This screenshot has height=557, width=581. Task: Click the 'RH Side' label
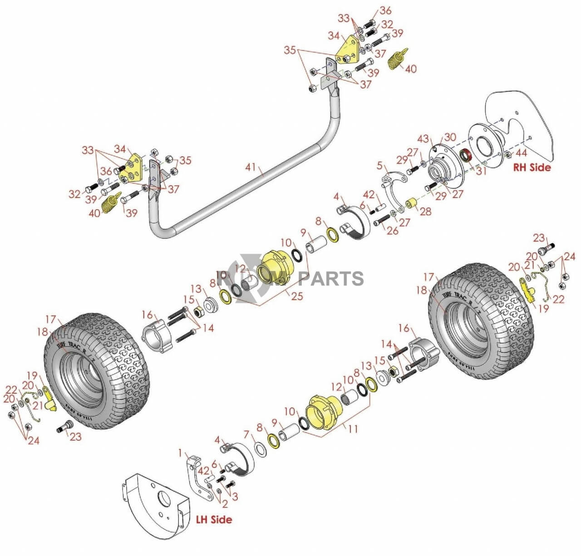(532, 167)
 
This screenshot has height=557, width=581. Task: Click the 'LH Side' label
(214, 519)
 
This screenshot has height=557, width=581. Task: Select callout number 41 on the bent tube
(251, 168)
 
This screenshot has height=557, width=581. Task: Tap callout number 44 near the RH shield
(521, 153)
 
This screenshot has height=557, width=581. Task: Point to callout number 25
(297, 296)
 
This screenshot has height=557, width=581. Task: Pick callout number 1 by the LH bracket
(181, 453)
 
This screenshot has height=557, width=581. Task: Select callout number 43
(423, 139)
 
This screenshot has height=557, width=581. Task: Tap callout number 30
(450, 137)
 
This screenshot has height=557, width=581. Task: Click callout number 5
(379, 166)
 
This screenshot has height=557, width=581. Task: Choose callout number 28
(425, 211)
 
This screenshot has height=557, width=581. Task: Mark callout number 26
(392, 231)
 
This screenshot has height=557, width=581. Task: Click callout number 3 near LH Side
(234, 497)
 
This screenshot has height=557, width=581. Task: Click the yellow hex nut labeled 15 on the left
(198, 312)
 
